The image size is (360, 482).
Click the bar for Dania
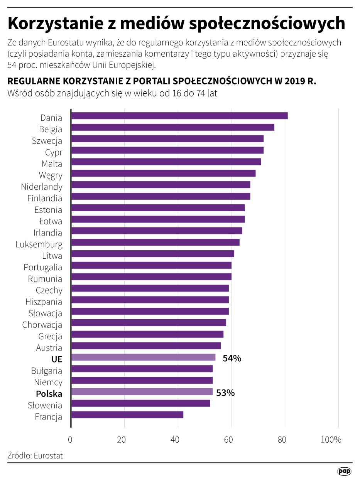(179, 116)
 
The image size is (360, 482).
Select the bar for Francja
(127, 415)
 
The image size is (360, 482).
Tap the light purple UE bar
(143, 357)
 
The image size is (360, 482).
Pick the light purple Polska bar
(142, 392)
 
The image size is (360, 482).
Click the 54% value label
(232, 358)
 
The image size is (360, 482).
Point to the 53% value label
(225, 393)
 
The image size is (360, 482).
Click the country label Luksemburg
(39, 244)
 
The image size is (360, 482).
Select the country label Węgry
(51, 175)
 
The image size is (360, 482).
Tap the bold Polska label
(49, 394)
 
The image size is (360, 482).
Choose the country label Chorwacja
(42, 325)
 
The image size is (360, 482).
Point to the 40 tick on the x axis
(178, 440)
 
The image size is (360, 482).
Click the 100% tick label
(331, 440)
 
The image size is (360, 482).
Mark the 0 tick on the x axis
(71, 440)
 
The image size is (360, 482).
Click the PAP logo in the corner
(344, 472)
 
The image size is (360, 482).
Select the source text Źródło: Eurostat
(35, 455)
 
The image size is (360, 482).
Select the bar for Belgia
(172, 127)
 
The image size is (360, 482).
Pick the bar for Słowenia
(140, 403)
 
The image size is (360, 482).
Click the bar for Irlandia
(157, 231)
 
